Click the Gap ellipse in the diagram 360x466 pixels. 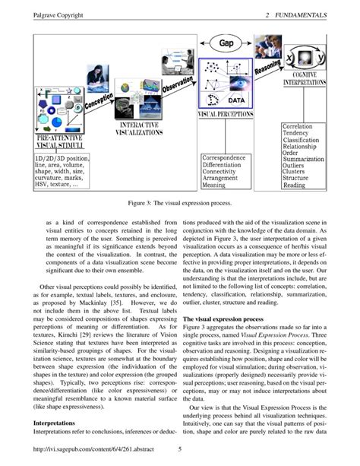tap(226, 44)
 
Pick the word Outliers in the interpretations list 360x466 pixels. tap(293, 165)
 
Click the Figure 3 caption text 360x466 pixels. tap(179, 204)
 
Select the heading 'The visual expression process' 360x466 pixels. tap(223, 320)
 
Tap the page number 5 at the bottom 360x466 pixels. tap(179, 449)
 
